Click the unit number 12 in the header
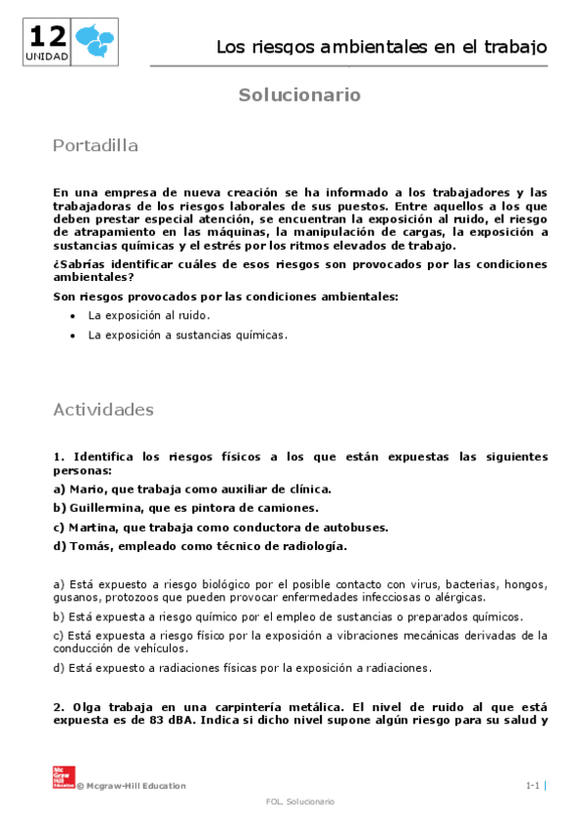pos(48,38)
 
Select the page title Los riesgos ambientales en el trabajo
pos(380,47)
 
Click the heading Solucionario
pos(300,95)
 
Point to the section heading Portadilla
pos(96,146)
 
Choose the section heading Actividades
pos(103,410)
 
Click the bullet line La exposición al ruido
pos(148,316)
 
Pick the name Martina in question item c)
pos(89,527)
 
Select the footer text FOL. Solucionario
pos(299,801)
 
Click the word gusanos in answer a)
pos(74,597)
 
